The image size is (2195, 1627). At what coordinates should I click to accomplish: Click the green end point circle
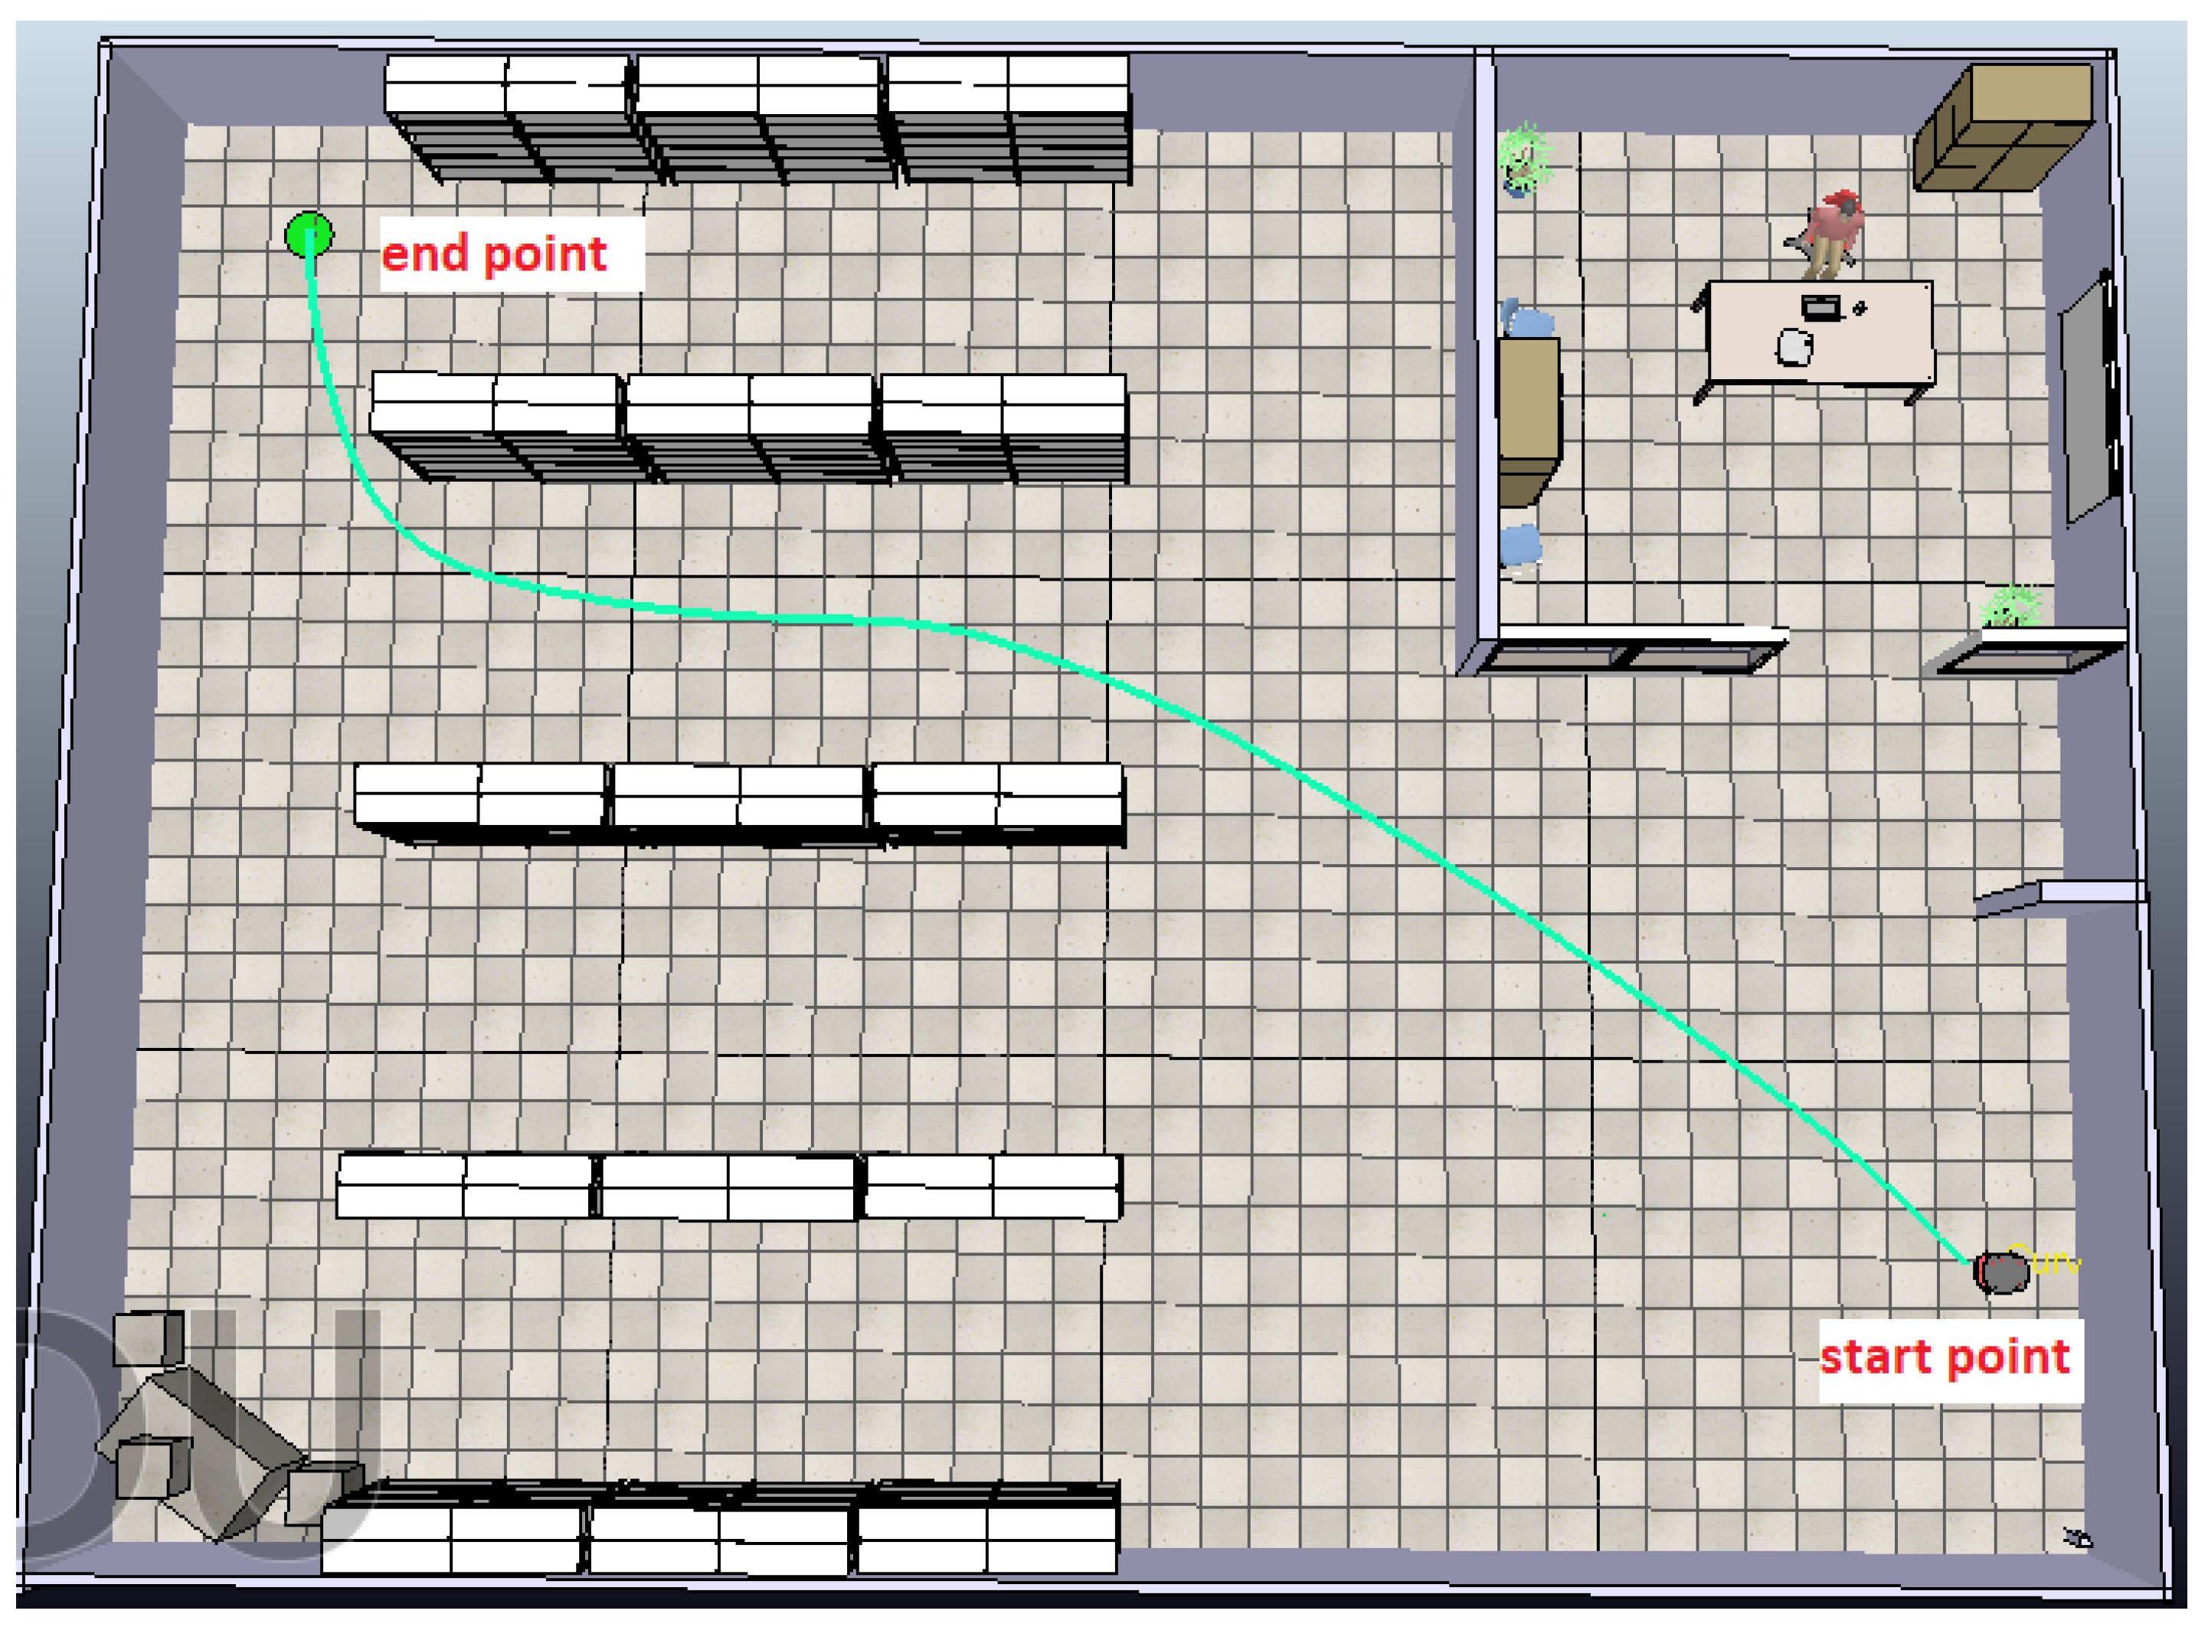[x=308, y=235]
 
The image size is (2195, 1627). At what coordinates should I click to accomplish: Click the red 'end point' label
[x=493, y=254]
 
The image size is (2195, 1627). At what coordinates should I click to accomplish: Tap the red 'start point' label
[x=1944, y=1357]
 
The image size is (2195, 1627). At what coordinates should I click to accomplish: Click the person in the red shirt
[x=1832, y=232]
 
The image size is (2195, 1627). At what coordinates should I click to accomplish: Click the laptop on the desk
[x=1820, y=307]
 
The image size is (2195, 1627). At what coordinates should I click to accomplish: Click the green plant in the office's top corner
[x=1523, y=158]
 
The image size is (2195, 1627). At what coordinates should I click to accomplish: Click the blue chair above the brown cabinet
[x=1526, y=321]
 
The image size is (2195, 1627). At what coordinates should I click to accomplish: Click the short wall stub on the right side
[x=2058, y=895]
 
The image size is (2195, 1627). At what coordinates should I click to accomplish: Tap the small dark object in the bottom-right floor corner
[x=2077, y=1537]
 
